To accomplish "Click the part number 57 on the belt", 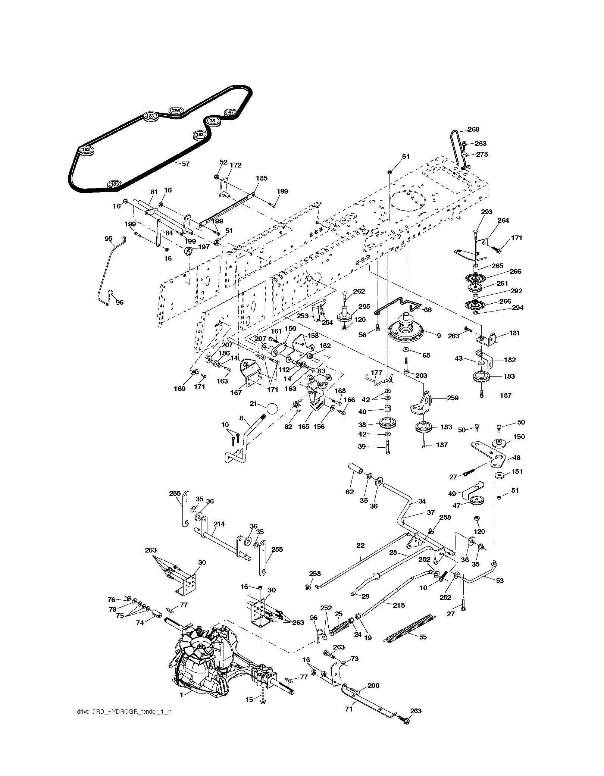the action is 185,164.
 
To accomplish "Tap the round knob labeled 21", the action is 273,409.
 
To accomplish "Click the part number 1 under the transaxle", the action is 181,695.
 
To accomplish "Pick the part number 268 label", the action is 473,129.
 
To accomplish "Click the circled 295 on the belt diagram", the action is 176,111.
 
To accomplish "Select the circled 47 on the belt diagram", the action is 231,112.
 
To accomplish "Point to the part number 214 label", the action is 219,524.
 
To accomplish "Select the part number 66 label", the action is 428,310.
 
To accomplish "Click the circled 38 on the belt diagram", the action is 212,121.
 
